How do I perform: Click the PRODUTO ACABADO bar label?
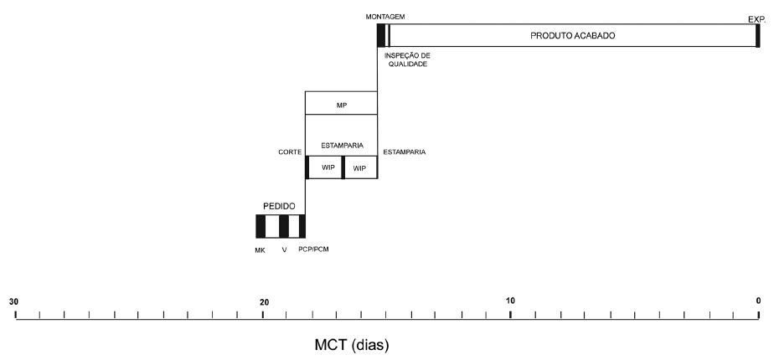pos(573,36)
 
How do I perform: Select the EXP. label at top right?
pos(757,18)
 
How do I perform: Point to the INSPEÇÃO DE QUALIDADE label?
pos(406,59)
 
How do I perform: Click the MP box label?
pos(340,105)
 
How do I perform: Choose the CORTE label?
pos(290,152)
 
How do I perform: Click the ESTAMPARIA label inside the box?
pos(340,145)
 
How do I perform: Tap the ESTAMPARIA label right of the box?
pos(404,152)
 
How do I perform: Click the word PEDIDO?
pos(279,205)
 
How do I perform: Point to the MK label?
pos(260,249)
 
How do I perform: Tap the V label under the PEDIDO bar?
pos(285,249)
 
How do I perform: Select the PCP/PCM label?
pos(313,249)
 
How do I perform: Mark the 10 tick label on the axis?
pos(510,301)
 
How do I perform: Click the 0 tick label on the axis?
pos(758,301)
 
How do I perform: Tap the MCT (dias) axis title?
pos(352,344)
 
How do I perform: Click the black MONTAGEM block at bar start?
pos(380,36)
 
